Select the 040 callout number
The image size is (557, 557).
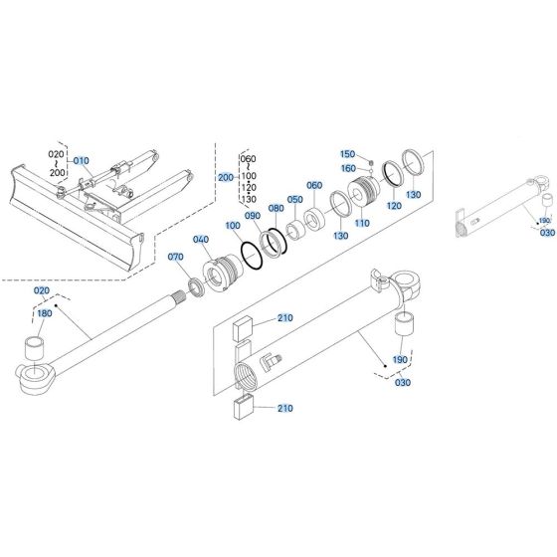202,240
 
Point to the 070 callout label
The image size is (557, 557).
177,258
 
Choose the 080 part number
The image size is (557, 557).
276,208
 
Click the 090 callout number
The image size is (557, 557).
253,216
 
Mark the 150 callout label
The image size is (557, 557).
347,154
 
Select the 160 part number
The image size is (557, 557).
347,168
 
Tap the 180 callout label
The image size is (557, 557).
44,314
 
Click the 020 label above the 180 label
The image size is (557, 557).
42,289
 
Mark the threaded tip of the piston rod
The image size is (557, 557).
180,294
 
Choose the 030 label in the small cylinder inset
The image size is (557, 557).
547,233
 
